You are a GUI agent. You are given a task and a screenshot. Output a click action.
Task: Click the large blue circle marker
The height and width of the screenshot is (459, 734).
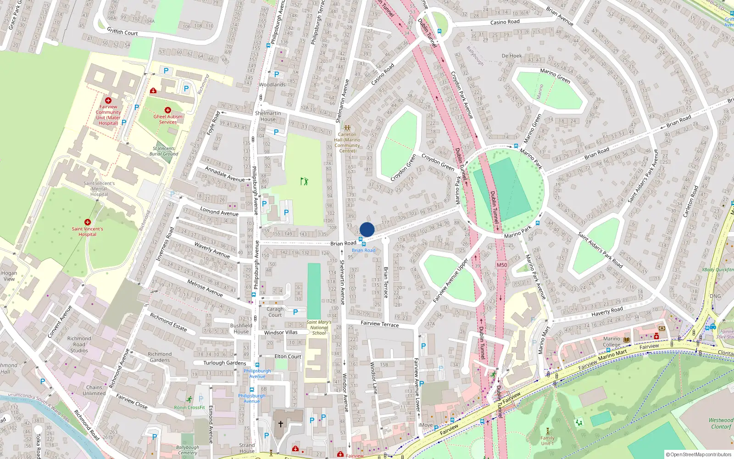coord(367,229)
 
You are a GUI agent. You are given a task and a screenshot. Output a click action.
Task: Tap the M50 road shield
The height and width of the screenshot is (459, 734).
coord(502,265)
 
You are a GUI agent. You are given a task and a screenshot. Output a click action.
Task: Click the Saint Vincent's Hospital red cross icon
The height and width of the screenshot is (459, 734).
coord(88,222)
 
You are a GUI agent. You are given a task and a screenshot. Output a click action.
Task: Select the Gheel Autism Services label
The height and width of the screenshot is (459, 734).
coord(168,119)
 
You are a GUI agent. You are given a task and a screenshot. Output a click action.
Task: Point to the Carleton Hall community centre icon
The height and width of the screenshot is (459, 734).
coord(347,128)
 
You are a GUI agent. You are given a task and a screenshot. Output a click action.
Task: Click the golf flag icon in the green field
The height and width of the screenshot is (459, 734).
coord(304,181)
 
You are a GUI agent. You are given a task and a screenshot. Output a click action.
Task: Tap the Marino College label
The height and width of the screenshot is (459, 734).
coord(612,342)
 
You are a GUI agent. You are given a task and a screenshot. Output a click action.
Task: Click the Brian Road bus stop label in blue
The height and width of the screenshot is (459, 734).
coord(363,250)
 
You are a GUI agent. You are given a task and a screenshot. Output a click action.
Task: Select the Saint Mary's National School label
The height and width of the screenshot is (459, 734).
coord(319,328)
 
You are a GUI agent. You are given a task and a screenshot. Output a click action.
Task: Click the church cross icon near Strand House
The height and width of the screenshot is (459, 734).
coord(281,424)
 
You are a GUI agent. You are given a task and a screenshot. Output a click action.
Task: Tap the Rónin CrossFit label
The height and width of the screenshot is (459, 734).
coord(189,408)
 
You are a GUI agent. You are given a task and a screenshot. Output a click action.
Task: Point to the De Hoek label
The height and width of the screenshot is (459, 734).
coord(512,56)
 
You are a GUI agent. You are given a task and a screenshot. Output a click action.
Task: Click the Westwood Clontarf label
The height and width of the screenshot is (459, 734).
coord(721,423)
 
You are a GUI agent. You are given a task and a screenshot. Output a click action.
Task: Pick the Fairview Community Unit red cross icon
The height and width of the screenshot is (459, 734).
coord(108,100)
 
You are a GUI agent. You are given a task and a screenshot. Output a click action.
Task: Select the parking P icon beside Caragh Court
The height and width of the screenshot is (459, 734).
coord(295,312)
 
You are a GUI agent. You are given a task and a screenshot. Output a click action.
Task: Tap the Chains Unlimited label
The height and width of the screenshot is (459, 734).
coord(94,390)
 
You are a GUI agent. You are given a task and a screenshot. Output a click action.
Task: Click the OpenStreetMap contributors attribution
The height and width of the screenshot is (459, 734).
coord(698,454)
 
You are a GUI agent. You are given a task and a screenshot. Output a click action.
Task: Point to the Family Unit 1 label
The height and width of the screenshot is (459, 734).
coord(547,441)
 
